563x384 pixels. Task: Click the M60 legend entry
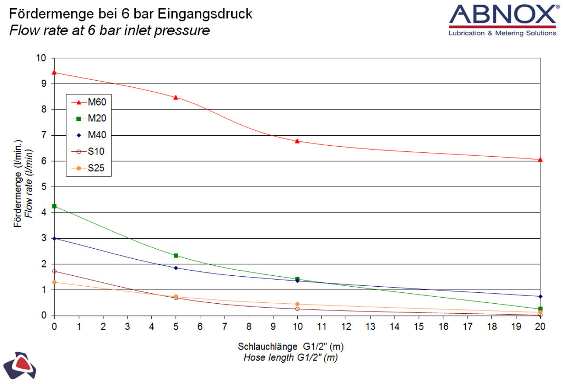(89, 102)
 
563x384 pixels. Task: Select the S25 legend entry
(89, 168)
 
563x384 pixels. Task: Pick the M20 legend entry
(89, 119)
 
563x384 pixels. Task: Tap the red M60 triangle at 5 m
(175, 97)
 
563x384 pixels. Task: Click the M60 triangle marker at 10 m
(297, 141)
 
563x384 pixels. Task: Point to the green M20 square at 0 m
(54, 206)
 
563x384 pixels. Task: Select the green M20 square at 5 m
(175, 255)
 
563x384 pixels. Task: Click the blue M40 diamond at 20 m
(540, 296)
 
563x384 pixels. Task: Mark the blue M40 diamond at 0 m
(54, 238)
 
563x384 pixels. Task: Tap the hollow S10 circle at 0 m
(54, 271)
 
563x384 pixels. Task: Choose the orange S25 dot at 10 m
(297, 304)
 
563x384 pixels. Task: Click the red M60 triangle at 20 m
(540, 160)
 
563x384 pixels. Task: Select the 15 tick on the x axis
(419, 326)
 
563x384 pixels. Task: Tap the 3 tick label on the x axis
(127, 326)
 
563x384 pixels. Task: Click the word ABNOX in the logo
(502, 17)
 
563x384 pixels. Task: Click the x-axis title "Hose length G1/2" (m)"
(291, 358)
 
